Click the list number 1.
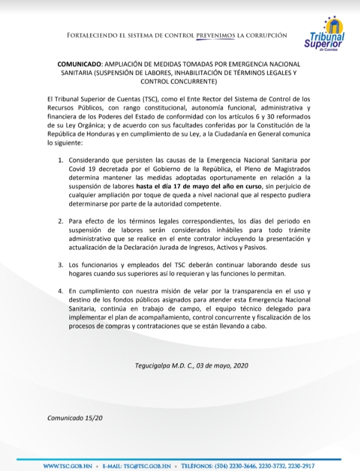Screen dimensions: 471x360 61,161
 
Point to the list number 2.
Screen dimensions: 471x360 61,221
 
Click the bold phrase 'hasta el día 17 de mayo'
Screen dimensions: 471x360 181,186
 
